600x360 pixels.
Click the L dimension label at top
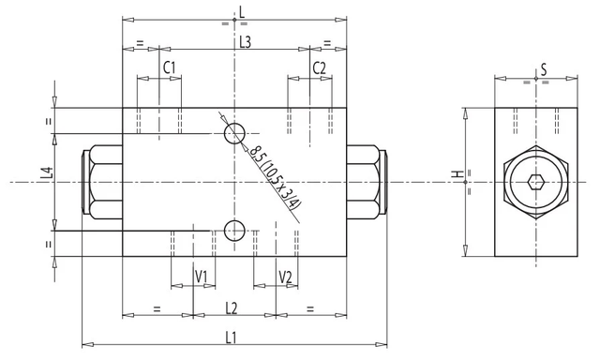pyautogui.click(x=242, y=12)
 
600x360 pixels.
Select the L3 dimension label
pyautogui.click(x=245, y=42)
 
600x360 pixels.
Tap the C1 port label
pyautogui.click(x=169, y=67)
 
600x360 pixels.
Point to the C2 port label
pyautogui.click(x=319, y=68)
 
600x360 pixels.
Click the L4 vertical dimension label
pyautogui.click(x=46, y=173)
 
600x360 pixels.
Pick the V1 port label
pyautogui.click(x=202, y=277)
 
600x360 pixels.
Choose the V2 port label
pyautogui.click(x=285, y=277)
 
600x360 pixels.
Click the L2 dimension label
pyautogui.click(x=232, y=307)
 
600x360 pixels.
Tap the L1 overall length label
pyautogui.click(x=231, y=337)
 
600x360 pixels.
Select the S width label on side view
pyautogui.click(x=544, y=70)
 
